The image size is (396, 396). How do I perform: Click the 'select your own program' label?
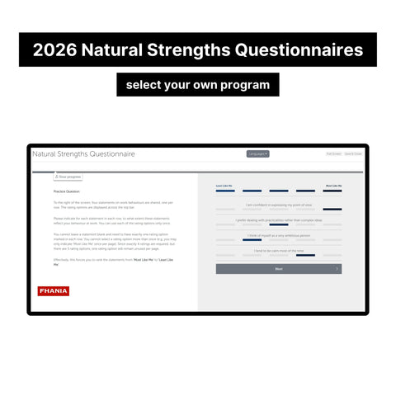[198, 85]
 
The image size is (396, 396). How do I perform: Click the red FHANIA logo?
[54, 290]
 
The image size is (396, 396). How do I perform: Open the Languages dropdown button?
[257, 153]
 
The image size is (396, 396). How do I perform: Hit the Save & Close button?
[354, 153]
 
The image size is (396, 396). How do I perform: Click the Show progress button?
[67, 177]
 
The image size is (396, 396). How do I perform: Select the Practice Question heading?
[67, 191]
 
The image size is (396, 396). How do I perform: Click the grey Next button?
[279, 269]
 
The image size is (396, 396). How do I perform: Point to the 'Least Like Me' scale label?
[224, 186]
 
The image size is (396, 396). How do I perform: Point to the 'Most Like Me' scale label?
[333, 186]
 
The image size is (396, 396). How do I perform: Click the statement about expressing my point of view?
[279, 205]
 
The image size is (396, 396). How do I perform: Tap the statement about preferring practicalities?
[279, 220]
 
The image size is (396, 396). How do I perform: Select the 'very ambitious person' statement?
[279, 235]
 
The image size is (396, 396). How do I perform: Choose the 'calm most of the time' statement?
[279, 250]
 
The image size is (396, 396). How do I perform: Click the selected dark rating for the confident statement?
[332, 210]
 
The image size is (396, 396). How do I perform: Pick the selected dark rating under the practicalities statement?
[279, 225]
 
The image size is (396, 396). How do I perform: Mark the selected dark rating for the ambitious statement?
[252, 240]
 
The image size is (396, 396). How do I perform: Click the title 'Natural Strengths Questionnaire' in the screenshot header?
[83, 154]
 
